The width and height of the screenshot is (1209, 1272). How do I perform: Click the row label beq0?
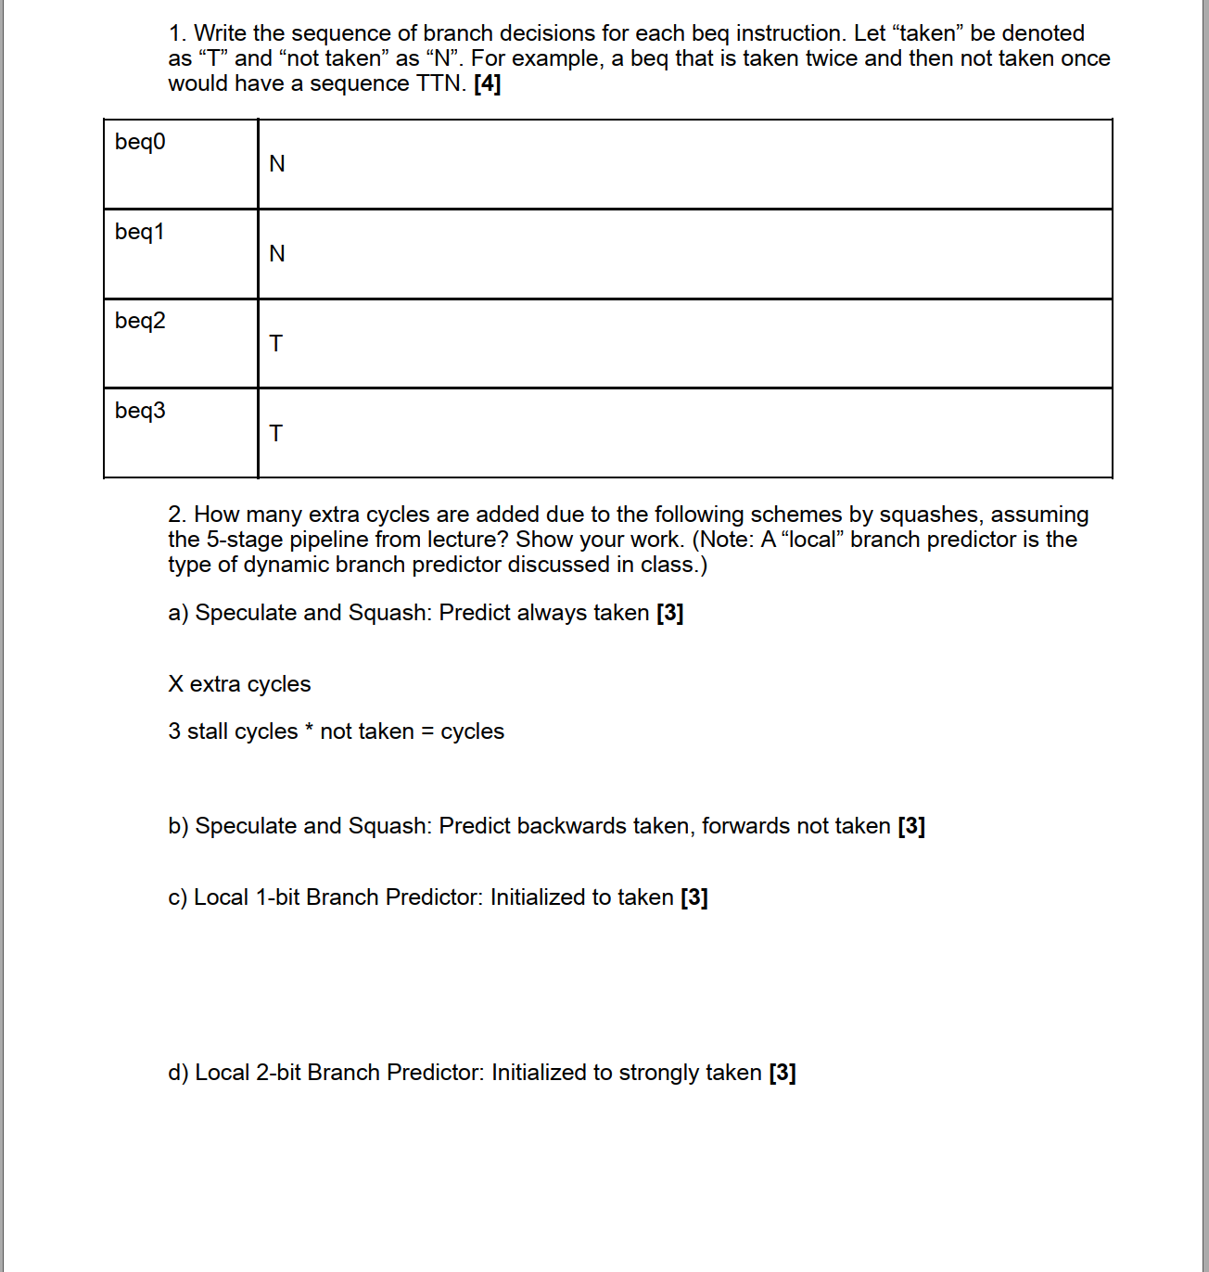[x=140, y=142]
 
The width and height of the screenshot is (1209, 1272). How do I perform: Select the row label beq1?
[x=140, y=232]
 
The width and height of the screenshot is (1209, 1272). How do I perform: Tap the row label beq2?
[x=140, y=321]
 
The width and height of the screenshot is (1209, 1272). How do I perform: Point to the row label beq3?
[x=140, y=411]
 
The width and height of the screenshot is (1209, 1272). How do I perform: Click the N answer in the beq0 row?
[x=276, y=164]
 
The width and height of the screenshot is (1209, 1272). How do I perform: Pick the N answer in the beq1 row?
[x=276, y=254]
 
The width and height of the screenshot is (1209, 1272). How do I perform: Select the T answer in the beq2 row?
[x=275, y=344]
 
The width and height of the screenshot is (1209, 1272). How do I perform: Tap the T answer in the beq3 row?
[x=275, y=434]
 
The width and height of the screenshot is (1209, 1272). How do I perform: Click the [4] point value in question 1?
[x=487, y=83]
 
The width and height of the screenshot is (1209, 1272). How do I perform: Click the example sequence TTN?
[x=439, y=83]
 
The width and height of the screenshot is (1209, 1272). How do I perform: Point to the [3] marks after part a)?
[x=669, y=613]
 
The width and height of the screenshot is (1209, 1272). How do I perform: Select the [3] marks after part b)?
[x=911, y=826]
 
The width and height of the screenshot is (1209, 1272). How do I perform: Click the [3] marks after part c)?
[x=694, y=897]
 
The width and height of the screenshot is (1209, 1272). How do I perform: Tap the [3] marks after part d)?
[x=783, y=1073]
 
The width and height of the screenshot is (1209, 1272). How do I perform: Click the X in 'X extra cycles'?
[x=176, y=684]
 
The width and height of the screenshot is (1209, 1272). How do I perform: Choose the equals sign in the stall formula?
[x=427, y=731]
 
